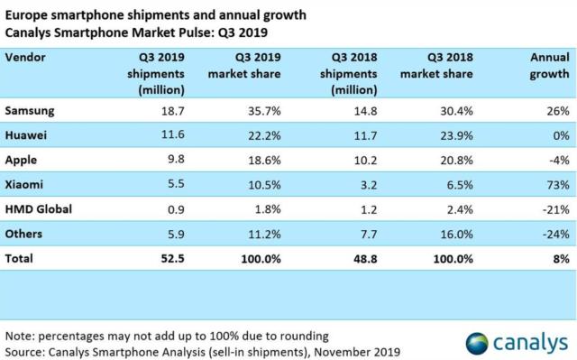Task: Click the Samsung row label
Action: (32, 111)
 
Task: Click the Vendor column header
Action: (27, 57)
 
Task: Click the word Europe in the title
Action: (27, 13)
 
